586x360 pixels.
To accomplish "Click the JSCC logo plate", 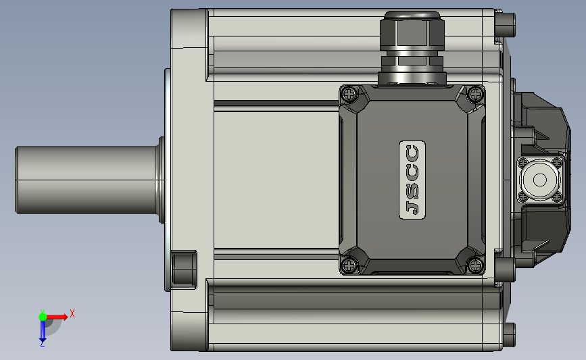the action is tap(412, 180).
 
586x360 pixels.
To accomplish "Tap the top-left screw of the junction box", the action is tap(350, 94).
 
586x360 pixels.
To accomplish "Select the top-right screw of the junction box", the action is tap(475, 93).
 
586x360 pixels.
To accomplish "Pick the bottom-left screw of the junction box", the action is tap(349, 265).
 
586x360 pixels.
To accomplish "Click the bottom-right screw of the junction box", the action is tap(475, 265).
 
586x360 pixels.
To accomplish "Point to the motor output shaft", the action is tap(86, 180).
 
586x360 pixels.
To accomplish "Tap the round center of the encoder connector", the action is tap(539, 180).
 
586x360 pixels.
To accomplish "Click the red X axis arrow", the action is tap(57, 317).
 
